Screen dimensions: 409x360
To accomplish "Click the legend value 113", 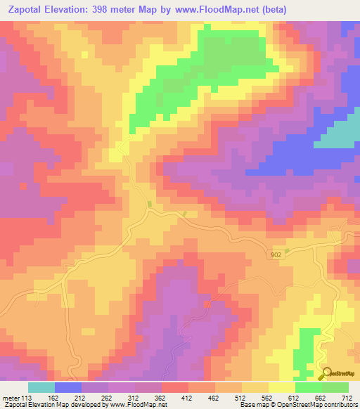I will (x=27, y=398).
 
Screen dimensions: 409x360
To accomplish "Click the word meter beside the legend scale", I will (x=10, y=398).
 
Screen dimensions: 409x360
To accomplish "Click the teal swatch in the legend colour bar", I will (x=41, y=387).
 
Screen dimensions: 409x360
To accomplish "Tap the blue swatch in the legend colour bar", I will (x=68, y=387).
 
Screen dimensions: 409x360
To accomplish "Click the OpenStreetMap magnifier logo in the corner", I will (x=326, y=374).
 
